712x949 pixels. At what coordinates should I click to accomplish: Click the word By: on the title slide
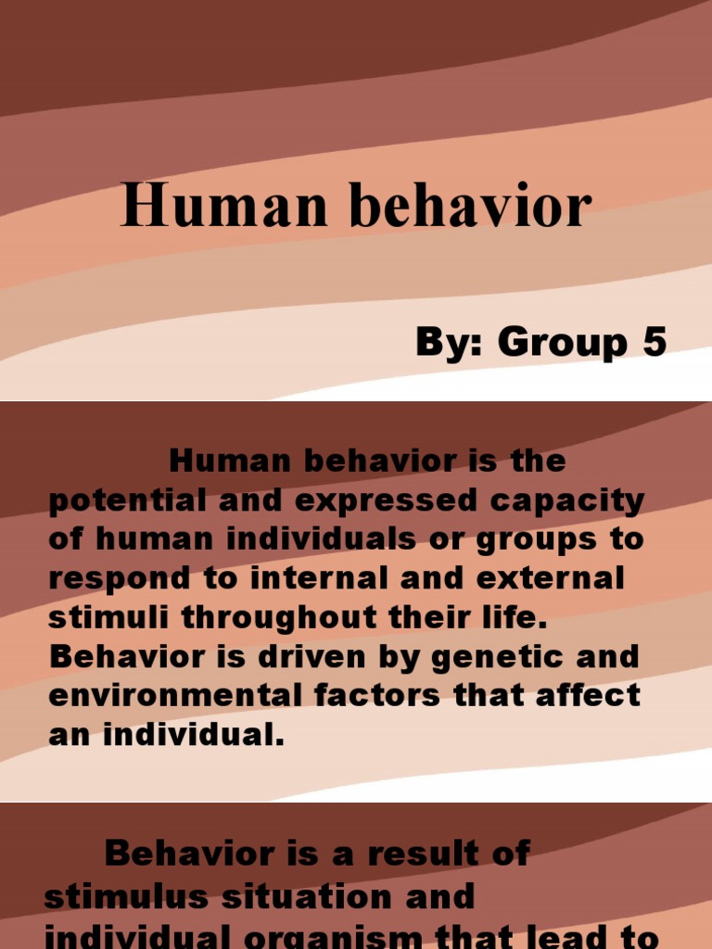pos(451,342)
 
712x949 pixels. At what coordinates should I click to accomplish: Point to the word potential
pos(112,500)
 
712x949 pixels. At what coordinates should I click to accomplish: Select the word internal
pos(322,578)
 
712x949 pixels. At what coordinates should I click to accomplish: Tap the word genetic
pos(486,656)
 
